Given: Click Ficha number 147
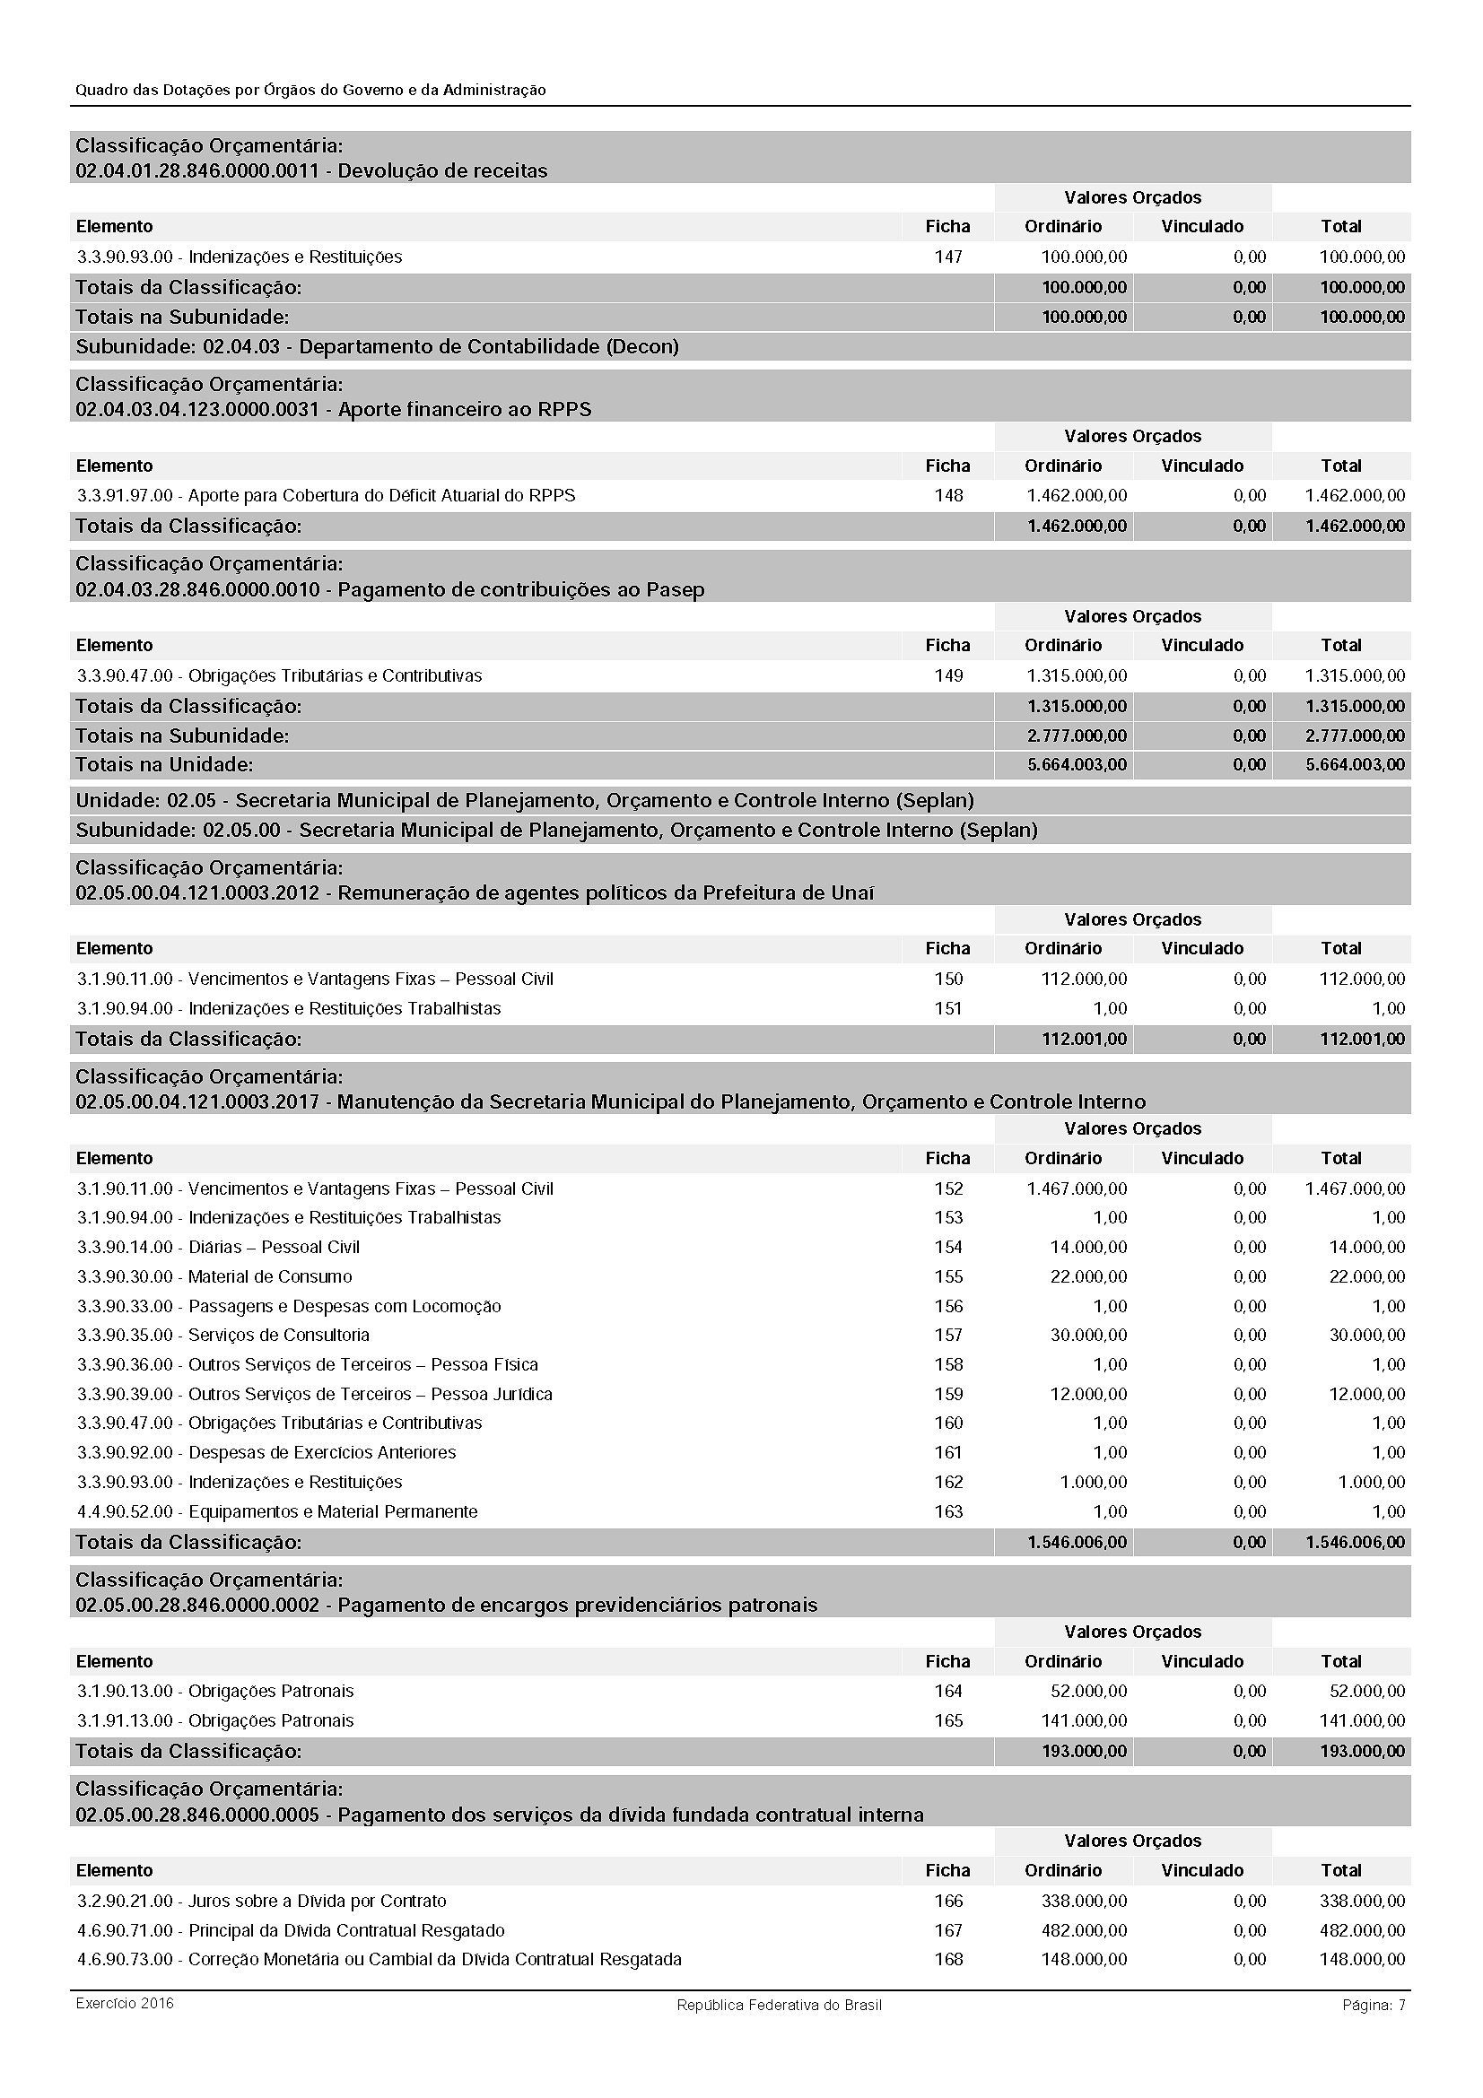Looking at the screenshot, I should pos(947,257).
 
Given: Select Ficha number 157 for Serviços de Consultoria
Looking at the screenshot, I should pos(947,1335).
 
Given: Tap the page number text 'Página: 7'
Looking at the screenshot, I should pos(1374,2005).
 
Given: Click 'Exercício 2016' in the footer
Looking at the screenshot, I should pos(125,2004).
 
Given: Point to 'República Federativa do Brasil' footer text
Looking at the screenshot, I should pos(779,2005).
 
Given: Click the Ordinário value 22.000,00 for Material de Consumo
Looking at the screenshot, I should pos(1088,1276).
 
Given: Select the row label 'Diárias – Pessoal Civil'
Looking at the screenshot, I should pos(275,1248).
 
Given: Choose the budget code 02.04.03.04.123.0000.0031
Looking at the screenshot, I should pos(197,409).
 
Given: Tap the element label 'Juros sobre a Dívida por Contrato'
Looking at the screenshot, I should pos(317,1901).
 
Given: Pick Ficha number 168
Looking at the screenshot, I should pos(947,1959).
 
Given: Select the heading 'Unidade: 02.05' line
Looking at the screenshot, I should pos(525,800).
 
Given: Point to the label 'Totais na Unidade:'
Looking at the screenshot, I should pos(164,764).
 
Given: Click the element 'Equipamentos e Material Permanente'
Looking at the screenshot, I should pos(333,1511).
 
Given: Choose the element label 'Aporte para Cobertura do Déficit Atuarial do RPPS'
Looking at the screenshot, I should pos(382,495).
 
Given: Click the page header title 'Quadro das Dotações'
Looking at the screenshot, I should pos(310,91).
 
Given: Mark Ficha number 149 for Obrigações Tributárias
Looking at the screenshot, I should pos(947,675).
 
